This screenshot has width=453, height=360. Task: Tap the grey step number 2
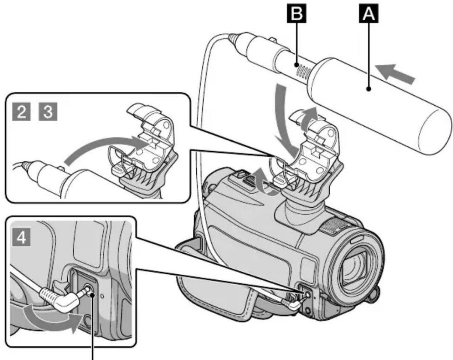[21, 112]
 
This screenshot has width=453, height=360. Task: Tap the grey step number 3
[48, 112]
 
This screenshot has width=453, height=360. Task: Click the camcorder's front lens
[356, 272]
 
